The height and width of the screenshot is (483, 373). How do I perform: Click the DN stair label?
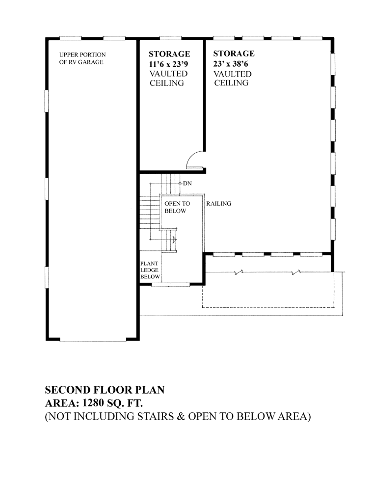coord(187,184)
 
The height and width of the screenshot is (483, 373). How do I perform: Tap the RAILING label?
coord(219,204)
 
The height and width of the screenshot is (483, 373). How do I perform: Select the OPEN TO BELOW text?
coord(177,207)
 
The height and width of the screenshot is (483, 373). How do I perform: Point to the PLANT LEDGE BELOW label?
coord(150,270)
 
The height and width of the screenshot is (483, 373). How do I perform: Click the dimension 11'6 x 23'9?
coord(168,64)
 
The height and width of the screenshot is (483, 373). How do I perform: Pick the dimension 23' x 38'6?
coord(230,64)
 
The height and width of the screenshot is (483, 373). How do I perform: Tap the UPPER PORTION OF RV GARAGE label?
coord(82,58)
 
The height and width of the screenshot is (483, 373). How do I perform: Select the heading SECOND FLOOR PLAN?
coord(105,390)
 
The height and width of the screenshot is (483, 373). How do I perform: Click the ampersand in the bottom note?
coord(181,416)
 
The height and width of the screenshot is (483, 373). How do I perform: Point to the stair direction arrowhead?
coord(175,239)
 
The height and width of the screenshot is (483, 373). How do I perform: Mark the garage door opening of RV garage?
coord(93,341)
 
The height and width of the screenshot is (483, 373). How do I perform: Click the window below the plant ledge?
coord(171,285)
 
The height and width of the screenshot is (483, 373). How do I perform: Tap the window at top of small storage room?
coord(170,38)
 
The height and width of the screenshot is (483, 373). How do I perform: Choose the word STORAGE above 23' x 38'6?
coord(234,54)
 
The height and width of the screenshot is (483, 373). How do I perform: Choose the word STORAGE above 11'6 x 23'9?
coord(169,54)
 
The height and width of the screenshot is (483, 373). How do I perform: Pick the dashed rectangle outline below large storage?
coord(268,307)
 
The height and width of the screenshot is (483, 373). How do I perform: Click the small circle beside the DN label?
coord(180,184)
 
